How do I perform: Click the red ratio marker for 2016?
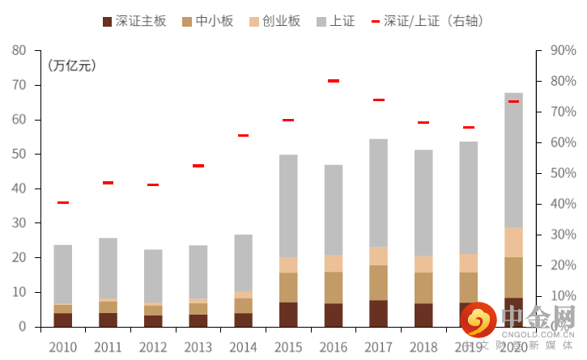[x=334, y=81]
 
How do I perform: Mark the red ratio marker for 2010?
[x=63, y=202]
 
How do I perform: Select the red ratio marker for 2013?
[x=198, y=166]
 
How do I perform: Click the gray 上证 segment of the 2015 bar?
[x=288, y=206]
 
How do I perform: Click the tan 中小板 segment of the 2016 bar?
[x=334, y=287]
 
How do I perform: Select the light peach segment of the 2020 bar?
[x=513, y=242]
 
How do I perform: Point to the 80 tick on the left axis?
[x=19, y=50]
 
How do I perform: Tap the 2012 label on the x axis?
[x=153, y=347]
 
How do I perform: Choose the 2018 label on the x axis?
[x=423, y=347]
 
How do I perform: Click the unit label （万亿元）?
[x=72, y=66]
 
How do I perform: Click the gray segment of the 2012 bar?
[x=153, y=276]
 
